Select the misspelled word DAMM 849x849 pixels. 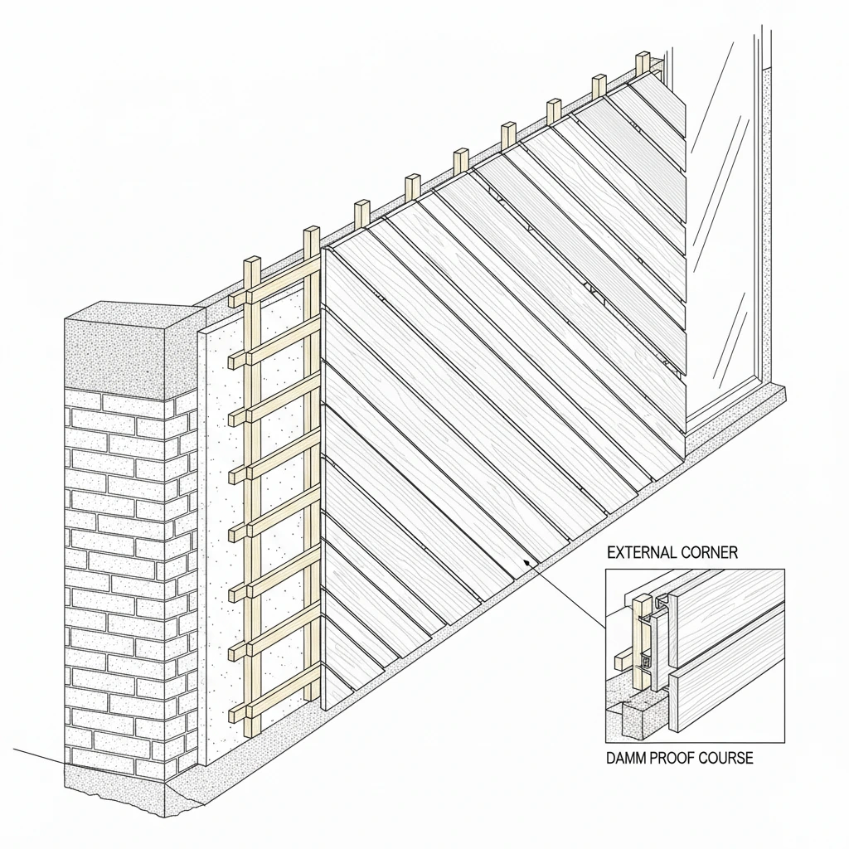tap(632, 759)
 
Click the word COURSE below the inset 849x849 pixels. tap(729, 759)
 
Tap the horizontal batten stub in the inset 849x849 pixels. tap(621, 661)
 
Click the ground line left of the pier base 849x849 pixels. tap(33, 756)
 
